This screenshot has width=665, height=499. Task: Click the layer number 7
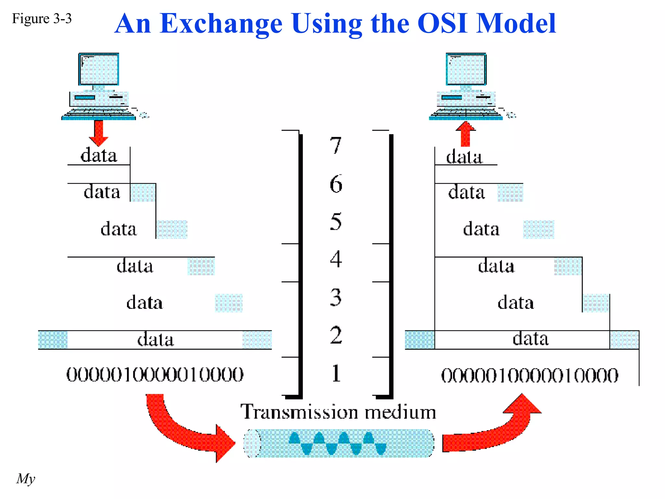(336, 146)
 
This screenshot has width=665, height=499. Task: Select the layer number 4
(336, 259)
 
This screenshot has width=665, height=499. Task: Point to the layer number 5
(336, 222)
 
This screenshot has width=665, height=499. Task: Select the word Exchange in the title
(221, 23)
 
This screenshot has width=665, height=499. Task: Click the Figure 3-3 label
(42, 19)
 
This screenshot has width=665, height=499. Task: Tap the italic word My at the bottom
(26, 479)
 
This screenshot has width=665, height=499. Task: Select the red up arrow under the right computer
(466, 134)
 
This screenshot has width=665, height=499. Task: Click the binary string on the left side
(155, 374)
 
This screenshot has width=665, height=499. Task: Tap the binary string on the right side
(530, 375)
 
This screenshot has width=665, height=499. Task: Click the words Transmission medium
(338, 412)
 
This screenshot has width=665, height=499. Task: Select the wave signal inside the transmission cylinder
(338, 443)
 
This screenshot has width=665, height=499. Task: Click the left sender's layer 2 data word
(156, 340)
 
